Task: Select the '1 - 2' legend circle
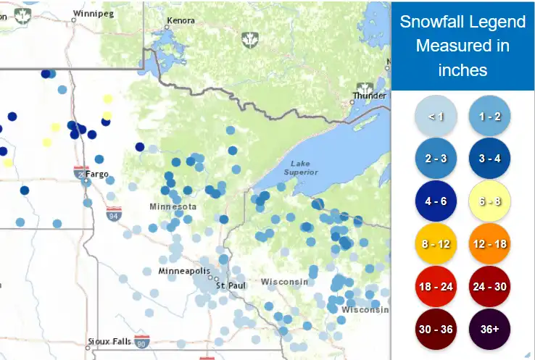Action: pos(490,116)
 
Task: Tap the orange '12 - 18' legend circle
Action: pos(490,244)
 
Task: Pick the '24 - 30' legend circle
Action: pos(490,287)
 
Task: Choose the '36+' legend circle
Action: pos(490,329)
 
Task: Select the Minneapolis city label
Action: pos(183,271)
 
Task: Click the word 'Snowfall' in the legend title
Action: pos(434,22)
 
